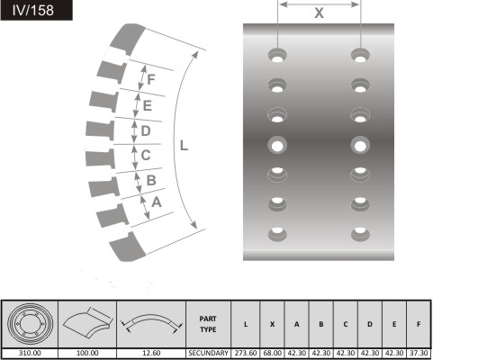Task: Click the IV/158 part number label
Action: [33, 11]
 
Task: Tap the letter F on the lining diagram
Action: [151, 79]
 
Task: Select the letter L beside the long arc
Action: [184, 146]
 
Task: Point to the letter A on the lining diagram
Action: [157, 202]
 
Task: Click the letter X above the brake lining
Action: [319, 13]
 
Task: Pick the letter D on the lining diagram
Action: [146, 130]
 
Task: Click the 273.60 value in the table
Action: [246, 353]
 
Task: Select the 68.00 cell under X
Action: [272, 353]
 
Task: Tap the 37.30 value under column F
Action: [419, 353]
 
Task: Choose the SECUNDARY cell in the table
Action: [208, 353]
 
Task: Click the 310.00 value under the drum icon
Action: [30, 353]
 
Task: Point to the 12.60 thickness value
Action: [151, 353]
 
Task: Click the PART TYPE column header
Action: [208, 324]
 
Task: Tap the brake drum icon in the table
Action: [30, 323]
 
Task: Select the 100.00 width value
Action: [87, 353]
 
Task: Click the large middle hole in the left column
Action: [277, 145]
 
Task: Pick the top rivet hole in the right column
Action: [360, 55]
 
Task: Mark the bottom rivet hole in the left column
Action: [277, 234]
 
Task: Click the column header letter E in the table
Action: [394, 324]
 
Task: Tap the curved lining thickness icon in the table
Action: [151, 323]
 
